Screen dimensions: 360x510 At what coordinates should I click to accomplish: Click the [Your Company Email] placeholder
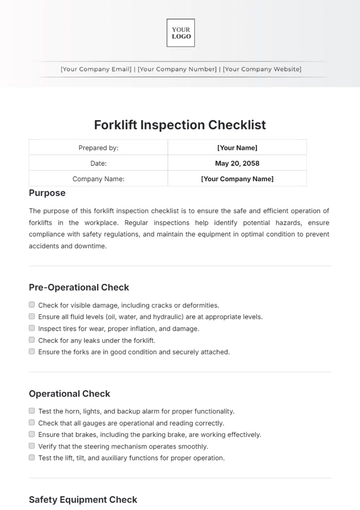96,69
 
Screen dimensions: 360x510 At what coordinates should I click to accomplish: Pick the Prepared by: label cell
98,147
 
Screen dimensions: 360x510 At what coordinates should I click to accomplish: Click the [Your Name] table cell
237,147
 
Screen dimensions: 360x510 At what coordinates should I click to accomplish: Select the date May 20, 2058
237,163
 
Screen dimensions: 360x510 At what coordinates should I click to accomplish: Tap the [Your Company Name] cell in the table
237,179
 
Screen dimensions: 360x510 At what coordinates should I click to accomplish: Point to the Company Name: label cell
98,179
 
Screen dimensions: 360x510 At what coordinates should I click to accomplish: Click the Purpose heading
48,193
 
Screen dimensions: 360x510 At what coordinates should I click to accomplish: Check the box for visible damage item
32,304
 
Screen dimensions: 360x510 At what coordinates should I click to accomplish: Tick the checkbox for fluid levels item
32,316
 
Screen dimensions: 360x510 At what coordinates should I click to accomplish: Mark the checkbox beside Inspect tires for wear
32,328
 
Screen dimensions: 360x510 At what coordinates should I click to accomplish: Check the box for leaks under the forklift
32,340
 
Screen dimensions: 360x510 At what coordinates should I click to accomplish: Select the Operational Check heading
70,393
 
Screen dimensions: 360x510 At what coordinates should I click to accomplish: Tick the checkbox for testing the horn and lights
32,411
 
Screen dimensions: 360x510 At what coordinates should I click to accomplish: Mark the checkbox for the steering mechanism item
32,446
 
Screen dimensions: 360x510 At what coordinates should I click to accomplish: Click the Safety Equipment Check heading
83,499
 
